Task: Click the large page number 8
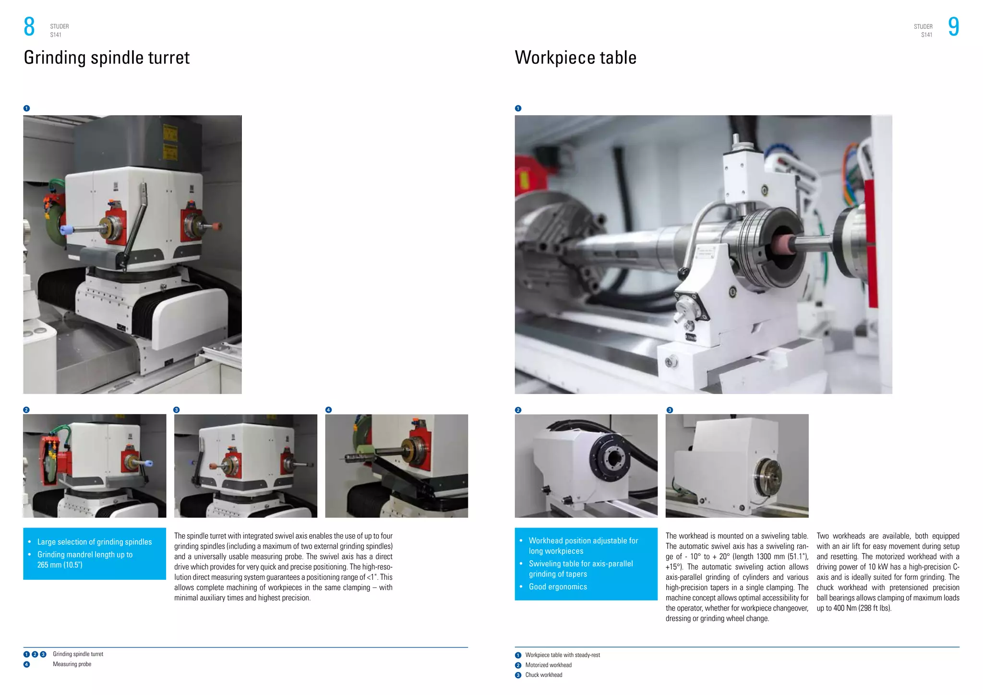click(x=29, y=27)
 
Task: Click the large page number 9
click(x=953, y=27)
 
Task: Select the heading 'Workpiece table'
click(x=575, y=58)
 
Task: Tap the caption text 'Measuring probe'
click(x=72, y=664)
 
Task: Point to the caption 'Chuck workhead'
click(x=543, y=675)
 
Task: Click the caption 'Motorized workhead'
click(x=548, y=665)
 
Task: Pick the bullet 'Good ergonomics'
click(x=558, y=587)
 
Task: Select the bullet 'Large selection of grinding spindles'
click(x=95, y=542)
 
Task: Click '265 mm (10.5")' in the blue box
click(x=60, y=565)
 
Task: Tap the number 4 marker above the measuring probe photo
click(x=328, y=410)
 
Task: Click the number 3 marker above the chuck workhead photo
click(x=670, y=410)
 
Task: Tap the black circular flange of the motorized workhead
click(x=610, y=459)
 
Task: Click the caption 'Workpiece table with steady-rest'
click(x=562, y=655)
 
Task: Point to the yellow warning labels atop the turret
click(x=170, y=143)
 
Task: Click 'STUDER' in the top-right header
click(x=923, y=27)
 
